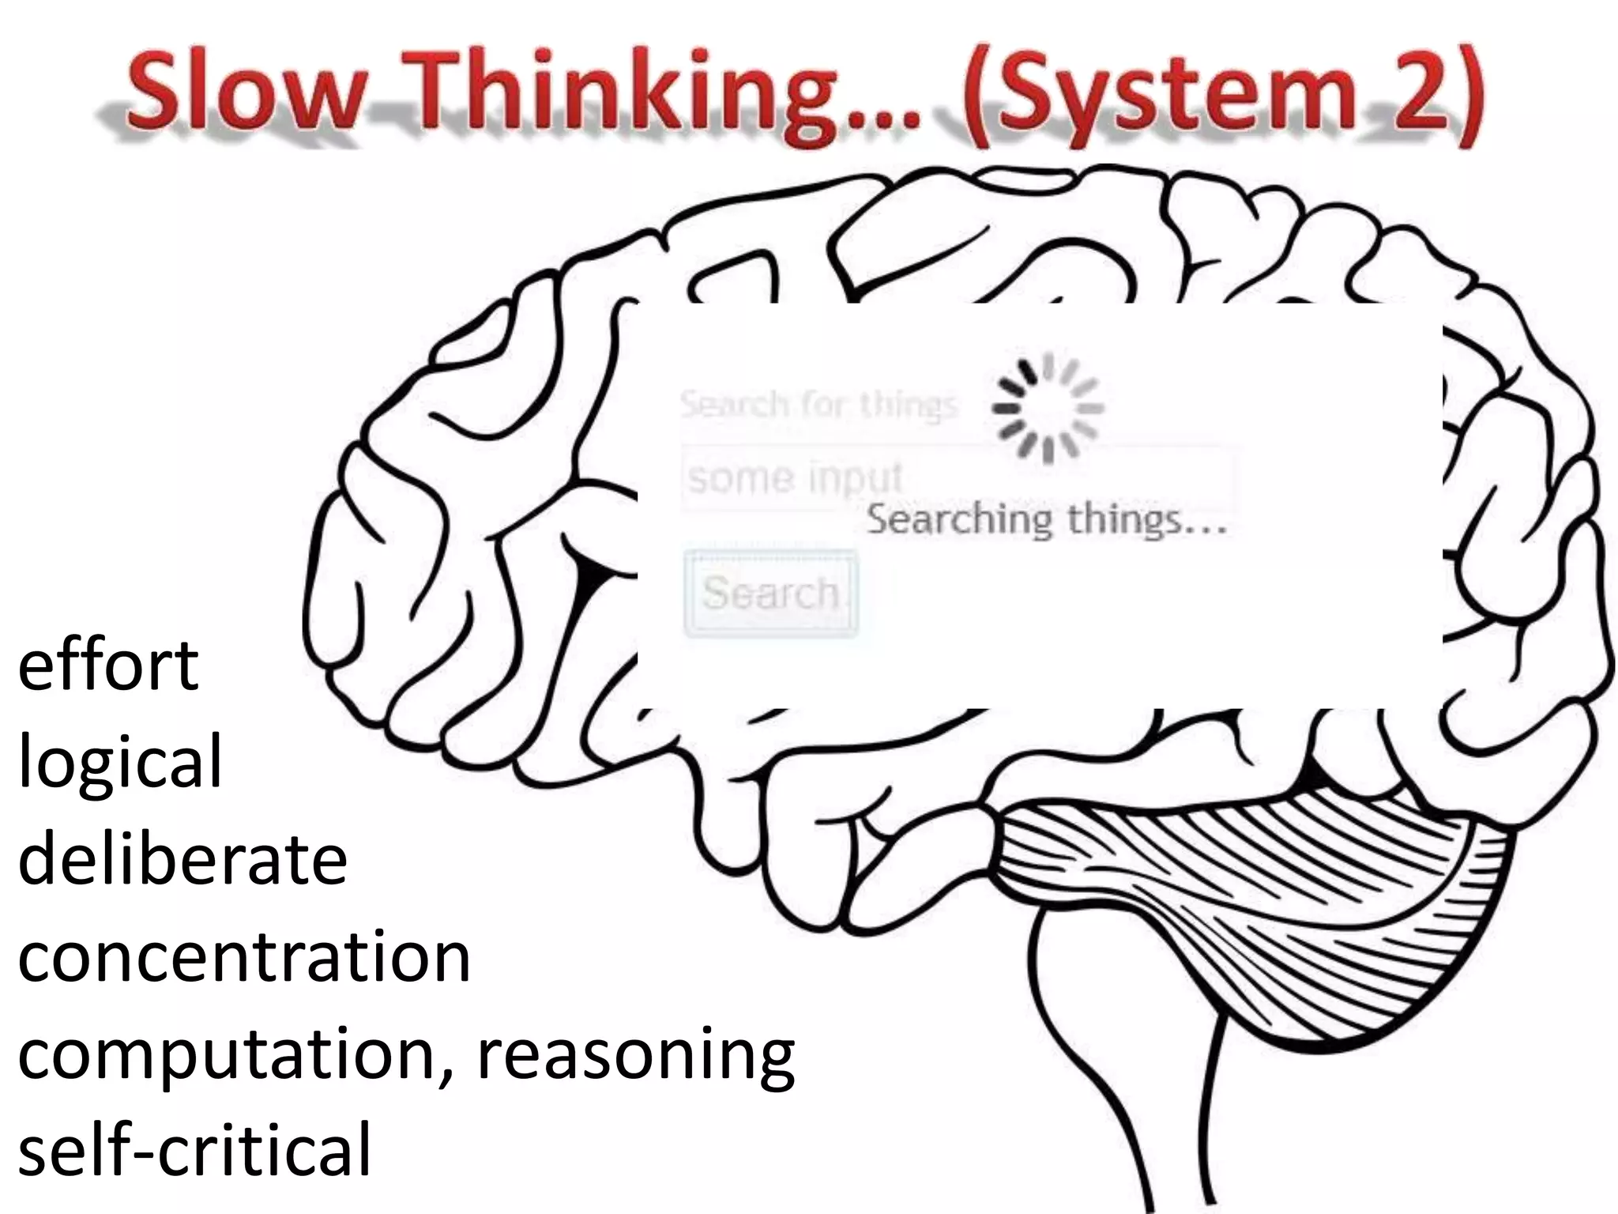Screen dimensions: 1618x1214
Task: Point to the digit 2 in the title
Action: coord(1422,91)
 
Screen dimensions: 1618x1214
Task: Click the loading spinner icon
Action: coord(1048,408)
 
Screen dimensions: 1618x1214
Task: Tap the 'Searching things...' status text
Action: coord(1046,521)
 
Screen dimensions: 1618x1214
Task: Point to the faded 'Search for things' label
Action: coord(818,405)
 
